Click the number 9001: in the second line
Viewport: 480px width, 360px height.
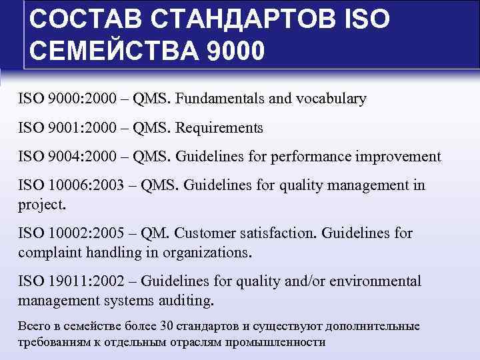pos(65,127)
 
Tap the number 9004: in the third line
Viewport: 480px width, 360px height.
pos(65,157)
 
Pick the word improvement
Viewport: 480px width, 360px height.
pos(398,157)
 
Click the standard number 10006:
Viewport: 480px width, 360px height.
pos(70,185)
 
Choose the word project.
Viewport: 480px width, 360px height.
pos(42,204)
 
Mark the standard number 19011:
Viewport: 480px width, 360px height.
pos(69,281)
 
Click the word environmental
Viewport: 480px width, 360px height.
pos(379,281)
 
